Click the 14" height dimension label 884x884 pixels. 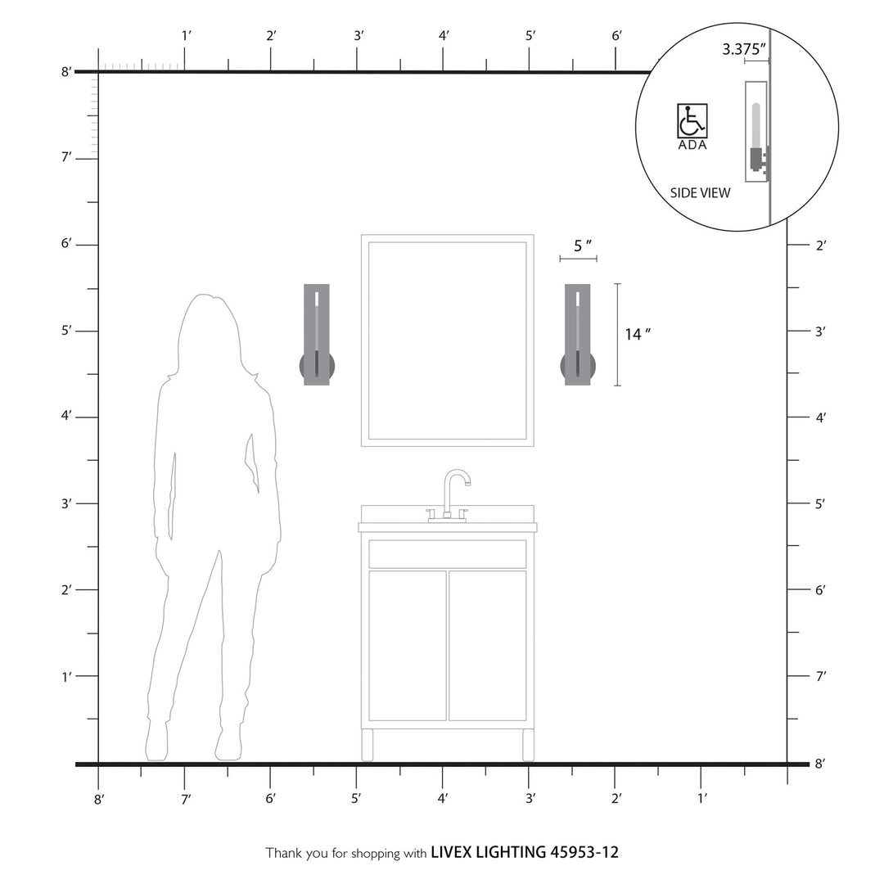tap(637, 334)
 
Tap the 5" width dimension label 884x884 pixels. tap(583, 246)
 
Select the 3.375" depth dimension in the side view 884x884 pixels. tap(744, 49)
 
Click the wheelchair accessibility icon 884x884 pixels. tap(692, 121)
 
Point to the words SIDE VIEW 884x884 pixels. tap(700, 193)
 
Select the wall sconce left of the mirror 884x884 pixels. tap(317, 335)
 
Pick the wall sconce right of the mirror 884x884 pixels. tap(578, 335)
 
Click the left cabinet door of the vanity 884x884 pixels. tap(408, 646)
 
